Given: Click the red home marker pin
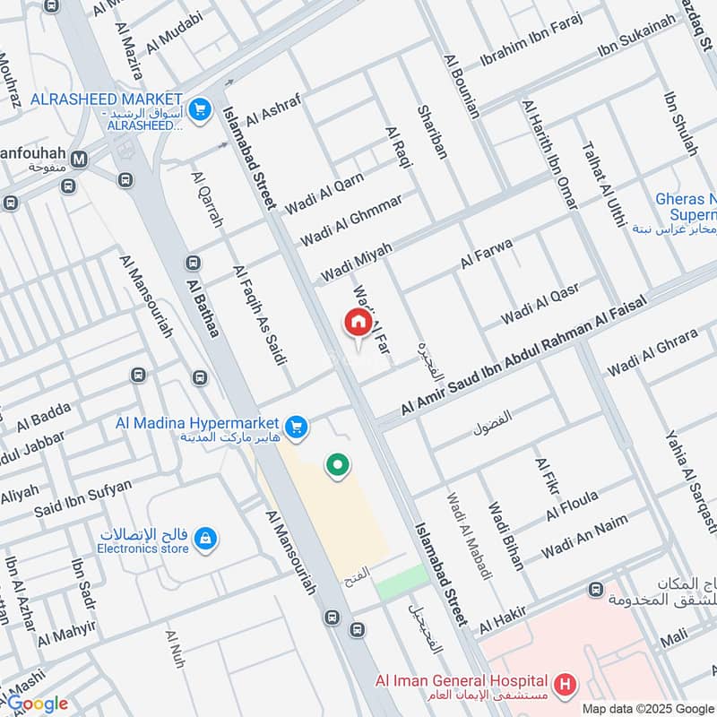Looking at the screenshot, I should pyautogui.click(x=358, y=324).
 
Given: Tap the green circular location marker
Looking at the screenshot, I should pyautogui.click(x=338, y=464).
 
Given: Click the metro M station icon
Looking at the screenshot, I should pyautogui.click(x=80, y=160).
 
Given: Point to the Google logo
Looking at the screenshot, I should pyautogui.click(x=37, y=704).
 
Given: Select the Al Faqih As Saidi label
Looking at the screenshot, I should pyautogui.click(x=259, y=315).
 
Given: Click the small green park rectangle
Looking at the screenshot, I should pyautogui.click(x=402, y=583).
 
